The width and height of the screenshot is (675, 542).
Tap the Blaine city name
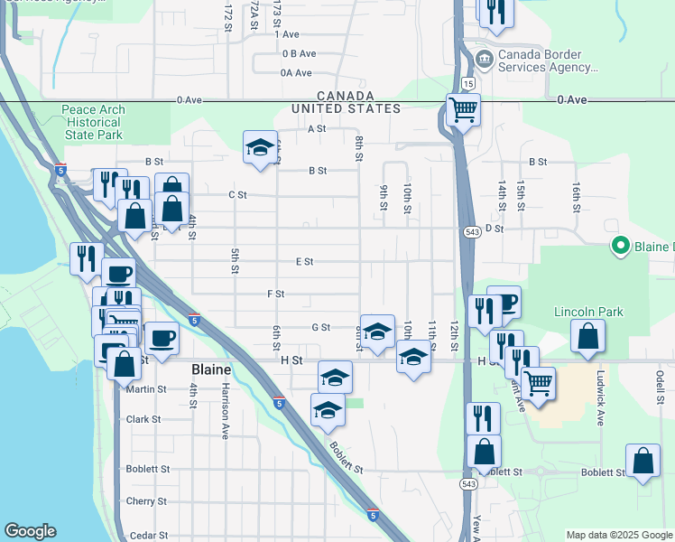(x=211, y=370)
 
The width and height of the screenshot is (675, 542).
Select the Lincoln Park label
(x=588, y=313)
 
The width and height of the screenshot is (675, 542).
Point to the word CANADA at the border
(x=345, y=96)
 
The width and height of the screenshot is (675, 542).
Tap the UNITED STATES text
(x=346, y=108)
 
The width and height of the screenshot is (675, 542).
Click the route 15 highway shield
(x=468, y=83)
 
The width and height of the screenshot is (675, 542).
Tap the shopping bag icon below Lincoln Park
(x=587, y=338)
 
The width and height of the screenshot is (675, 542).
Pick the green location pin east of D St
(x=620, y=245)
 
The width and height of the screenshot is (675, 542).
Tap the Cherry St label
(x=147, y=501)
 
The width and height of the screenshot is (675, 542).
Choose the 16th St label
(x=575, y=193)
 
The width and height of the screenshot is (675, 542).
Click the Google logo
(x=30, y=531)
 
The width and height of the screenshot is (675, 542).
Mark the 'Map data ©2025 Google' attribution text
(x=618, y=535)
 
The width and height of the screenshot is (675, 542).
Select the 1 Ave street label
(x=290, y=34)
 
